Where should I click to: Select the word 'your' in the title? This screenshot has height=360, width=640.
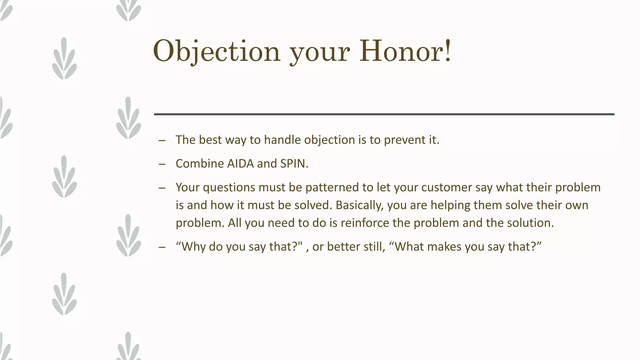tap(319, 53)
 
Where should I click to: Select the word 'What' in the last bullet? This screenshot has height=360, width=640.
tap(407, 247)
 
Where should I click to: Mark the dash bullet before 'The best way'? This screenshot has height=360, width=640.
tap(162, 140)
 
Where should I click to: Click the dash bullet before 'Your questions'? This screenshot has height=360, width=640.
tap(162, 188)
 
